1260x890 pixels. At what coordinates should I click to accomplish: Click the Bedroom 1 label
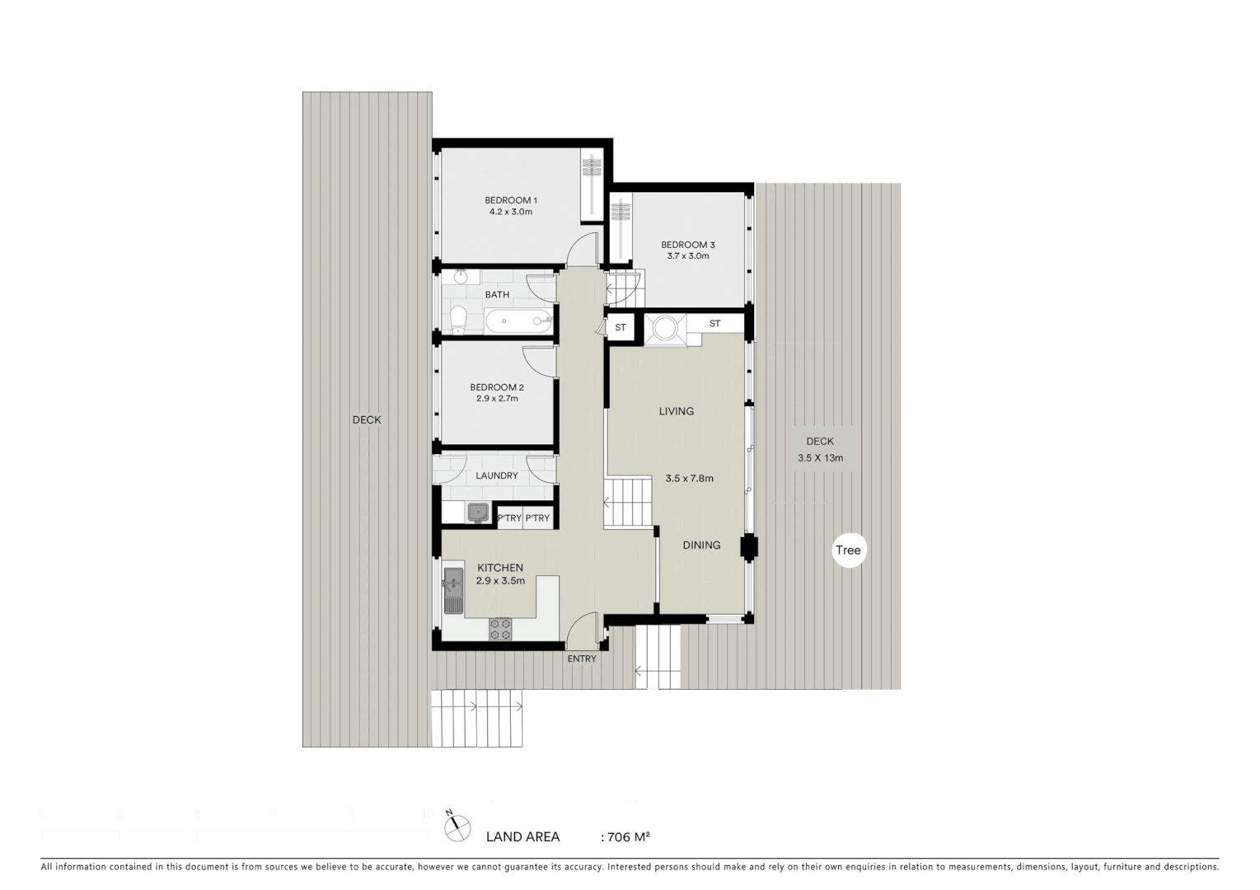pos(510,200)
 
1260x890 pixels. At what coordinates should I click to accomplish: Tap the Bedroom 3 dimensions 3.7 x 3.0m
pos(687,256)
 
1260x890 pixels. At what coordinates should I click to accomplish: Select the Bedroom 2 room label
pos(496,387)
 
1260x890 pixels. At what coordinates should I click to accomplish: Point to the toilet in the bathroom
pos(458,320)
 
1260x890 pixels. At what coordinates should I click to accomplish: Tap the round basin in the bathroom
pos(460,277)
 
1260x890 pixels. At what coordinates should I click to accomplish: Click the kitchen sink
pos(452,588)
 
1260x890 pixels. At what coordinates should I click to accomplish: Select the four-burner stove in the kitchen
pos(500,630)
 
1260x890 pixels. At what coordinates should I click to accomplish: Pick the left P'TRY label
pos(509,518)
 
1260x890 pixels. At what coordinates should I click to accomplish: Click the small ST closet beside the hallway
pos(621,327)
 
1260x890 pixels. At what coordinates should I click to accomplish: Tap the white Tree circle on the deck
pos(848,550)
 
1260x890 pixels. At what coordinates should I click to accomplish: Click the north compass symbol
pos(457,827)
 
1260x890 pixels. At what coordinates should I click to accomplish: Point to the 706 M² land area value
pos(628,837)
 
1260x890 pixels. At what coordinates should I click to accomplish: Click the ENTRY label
pos(581,658)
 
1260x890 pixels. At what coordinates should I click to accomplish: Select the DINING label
pos(701,545)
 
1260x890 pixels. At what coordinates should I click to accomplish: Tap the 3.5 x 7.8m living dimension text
pos(689,478)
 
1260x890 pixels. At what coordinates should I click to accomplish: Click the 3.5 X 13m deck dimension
pos(820,458)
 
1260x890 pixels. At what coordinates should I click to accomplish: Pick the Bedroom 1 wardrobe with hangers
pos(592,185)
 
